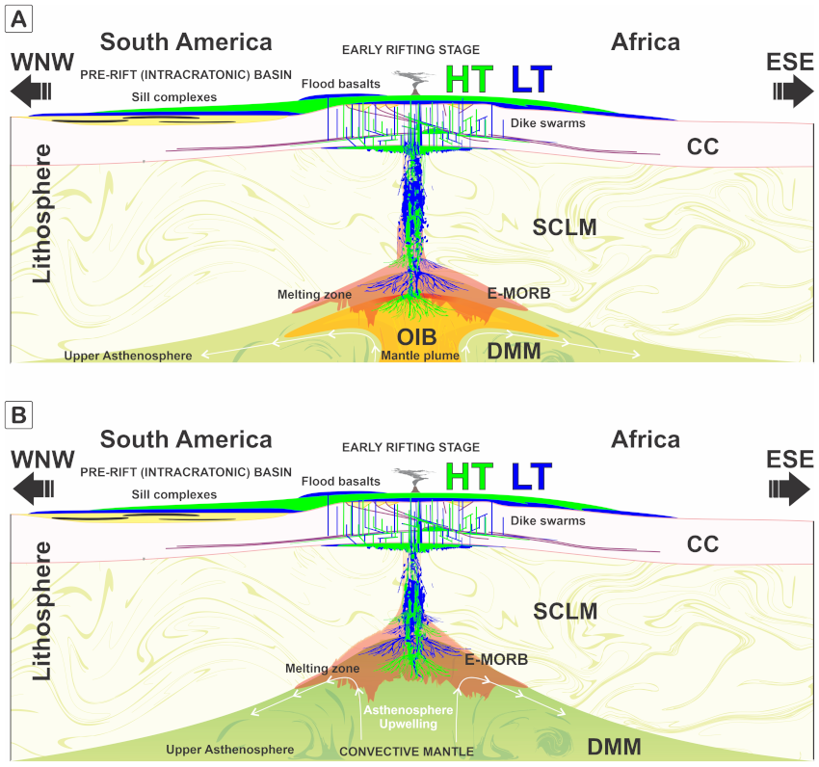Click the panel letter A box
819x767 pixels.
pyautogui.click(x=19, y=19)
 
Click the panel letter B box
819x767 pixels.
pyautogui.click(x=19, y=415)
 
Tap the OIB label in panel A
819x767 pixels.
pyautogui.click(x=417, y=337)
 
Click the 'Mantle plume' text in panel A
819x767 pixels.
pyautogui.click(x=420, y=356)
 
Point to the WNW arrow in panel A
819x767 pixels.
pyautogui.click(x=32, y=91)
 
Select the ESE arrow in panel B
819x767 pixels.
pyautogui.click(x=789, y=489)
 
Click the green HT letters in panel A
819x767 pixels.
pyautogui.click(x=469, y=79)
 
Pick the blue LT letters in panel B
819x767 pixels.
pyautogui.click(x=532, y=476)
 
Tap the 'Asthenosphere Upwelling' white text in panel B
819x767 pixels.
pyautogui.click(x=409, y=717)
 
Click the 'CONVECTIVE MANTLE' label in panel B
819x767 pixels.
pyautogui.click(x=407, y=752)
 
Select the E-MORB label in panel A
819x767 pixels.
pyautogui.click(x=519, y=293)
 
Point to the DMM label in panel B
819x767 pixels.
pyautogui.click(x=615, y=747)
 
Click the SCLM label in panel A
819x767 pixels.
pyautogui.click(x=565, y=227)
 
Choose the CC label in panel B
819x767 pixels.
pyautogui.click(x=703, y=544)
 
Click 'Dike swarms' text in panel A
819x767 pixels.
pyautogui.click(x=548, y=123)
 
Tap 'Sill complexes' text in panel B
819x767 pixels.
pyautogui.click(x=174, y=494)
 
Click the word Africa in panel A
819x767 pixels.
pyautogui.click(x=646, y=42)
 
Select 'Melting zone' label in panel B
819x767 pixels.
pyautogui.click(x=322, y=669)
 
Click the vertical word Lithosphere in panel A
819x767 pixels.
pyautogui.click(x=42, y=214)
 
